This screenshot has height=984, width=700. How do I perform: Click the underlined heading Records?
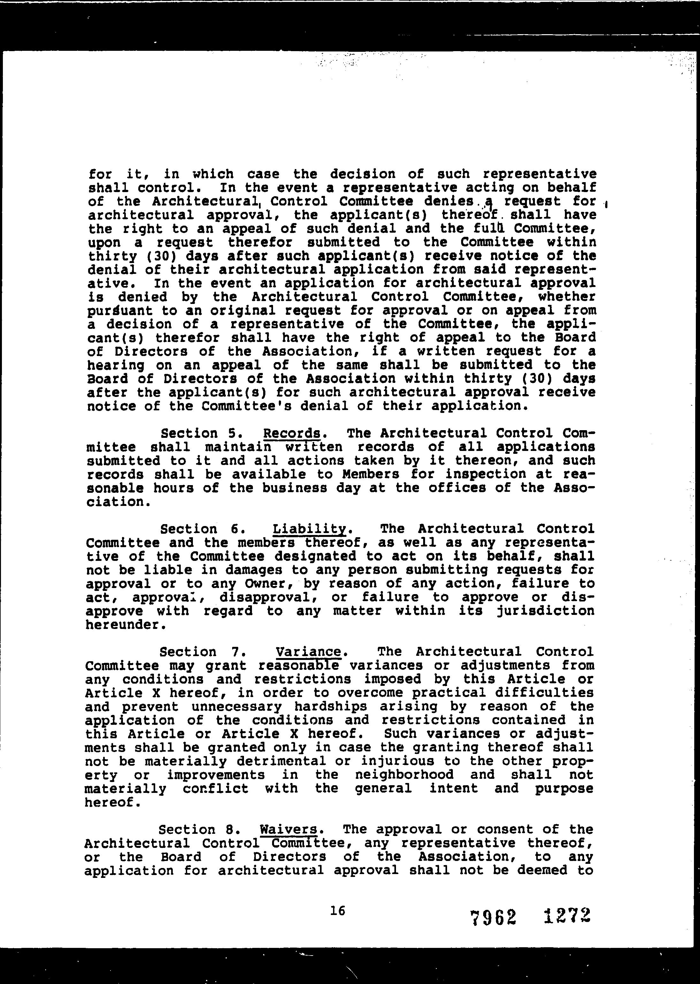coord(292,433)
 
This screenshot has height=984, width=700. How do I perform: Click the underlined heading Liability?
coord(310,529)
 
